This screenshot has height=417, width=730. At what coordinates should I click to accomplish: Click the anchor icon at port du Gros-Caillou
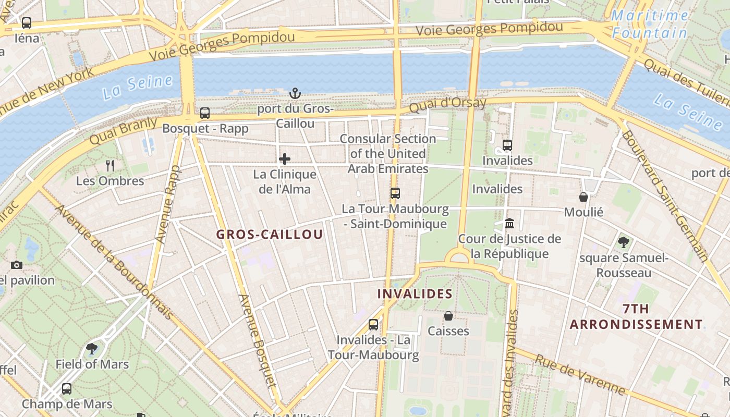295,94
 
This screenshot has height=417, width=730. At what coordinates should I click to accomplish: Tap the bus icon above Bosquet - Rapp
205,113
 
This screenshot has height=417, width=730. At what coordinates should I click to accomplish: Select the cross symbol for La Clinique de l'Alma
285,159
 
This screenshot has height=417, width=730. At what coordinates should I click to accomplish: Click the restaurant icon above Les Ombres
110,166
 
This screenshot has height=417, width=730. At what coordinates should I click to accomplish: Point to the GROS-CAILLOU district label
270,235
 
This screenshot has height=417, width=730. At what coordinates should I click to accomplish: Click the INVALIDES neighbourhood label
415,294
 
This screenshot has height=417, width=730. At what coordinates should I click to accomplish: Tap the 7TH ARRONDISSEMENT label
636,317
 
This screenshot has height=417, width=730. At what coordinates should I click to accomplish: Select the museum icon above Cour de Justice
509,224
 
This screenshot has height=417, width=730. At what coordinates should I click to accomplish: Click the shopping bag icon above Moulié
583,197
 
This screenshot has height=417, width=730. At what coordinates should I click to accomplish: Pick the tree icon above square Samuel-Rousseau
623,242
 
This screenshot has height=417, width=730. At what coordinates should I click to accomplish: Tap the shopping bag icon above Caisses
448,316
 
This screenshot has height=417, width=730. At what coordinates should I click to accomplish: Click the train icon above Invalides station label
507,145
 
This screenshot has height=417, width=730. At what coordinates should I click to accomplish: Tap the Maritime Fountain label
650,24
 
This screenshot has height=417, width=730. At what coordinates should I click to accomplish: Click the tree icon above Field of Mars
92,349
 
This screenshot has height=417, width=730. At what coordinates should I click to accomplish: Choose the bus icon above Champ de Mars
67,388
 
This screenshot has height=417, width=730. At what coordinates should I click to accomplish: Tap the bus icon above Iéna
27,23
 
